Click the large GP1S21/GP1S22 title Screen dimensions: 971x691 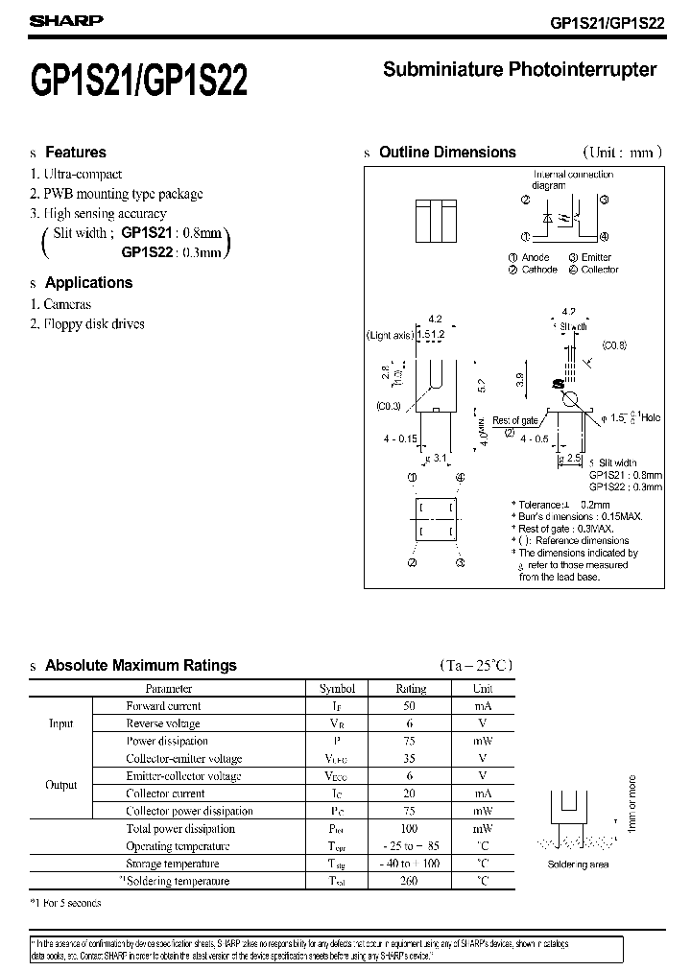[x=139, y=81]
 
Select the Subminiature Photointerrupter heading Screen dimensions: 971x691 [x=519, y=70]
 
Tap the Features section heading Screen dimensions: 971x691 [x=76, y=153]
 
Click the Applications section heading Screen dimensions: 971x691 [x=88, y=283]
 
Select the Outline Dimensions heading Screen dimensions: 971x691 [x=447, y=153]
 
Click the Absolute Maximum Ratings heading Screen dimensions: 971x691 [x=140, y=666]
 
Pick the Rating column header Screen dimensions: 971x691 [x=411, y=689]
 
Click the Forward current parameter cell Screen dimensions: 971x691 [x=164, y=706]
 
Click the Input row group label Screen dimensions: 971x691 [x=61, y=723]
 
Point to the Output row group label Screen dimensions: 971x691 [x=61, y=785]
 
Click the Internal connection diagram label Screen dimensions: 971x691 [x=573, y=180]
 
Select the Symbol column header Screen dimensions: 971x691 [x=337, y=689]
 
